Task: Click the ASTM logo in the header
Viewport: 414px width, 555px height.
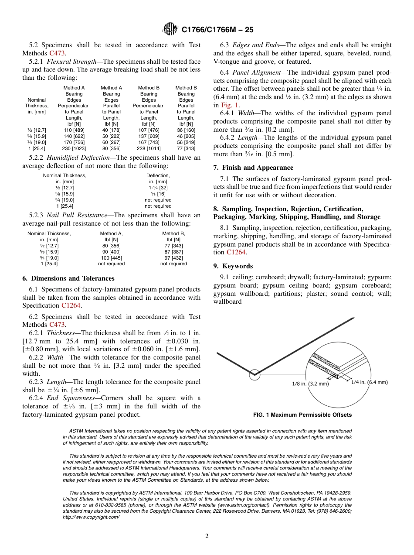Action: point(170,30)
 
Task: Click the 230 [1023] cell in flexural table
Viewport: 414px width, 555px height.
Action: point(74,148)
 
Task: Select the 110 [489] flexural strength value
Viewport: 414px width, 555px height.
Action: point(74,130)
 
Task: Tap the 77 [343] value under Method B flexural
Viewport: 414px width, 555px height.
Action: point(186,148)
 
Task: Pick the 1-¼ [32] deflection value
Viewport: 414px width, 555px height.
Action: point(158,188)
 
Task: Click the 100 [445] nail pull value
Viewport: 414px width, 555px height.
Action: point(111,257)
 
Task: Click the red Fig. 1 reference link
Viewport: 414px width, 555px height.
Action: point(230,105)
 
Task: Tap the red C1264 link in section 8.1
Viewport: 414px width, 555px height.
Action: point(236,252)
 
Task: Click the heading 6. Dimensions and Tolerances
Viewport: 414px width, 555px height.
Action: point(68,278)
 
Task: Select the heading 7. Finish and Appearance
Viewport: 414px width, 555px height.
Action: point(253,168)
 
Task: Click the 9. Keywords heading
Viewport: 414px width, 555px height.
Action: point(233,266)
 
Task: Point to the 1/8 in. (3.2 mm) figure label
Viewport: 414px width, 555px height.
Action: point(310,384)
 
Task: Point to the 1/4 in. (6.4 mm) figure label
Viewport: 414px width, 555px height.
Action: point(369,382)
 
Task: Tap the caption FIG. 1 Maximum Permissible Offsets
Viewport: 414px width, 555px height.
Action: point(302,415)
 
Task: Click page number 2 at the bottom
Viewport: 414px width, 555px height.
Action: point(207,536)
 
